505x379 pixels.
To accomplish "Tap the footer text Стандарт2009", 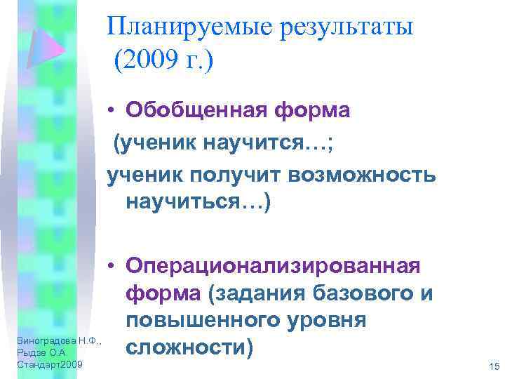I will coord(49,365).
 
